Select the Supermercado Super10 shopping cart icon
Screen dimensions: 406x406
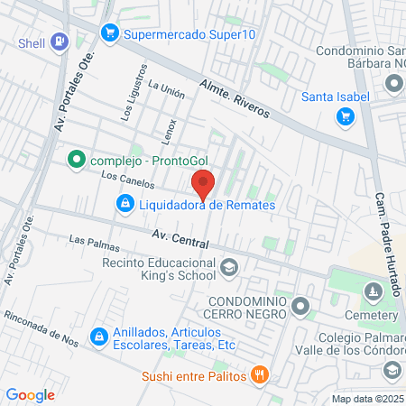click(x=110, y=33)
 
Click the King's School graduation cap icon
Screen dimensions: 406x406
click(x=229, y=267)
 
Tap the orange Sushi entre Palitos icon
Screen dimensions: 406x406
click(x=259, y=374)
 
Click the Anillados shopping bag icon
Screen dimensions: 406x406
click(x=97, y=337)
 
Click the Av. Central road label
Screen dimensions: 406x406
click(x=180, y=239)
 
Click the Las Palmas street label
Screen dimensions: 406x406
click(x=88, y=241)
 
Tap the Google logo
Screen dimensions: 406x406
click(x=31, y=394)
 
